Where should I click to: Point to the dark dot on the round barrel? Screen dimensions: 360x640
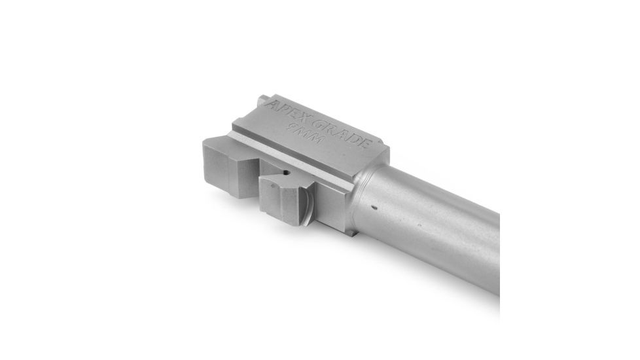(374, 209)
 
